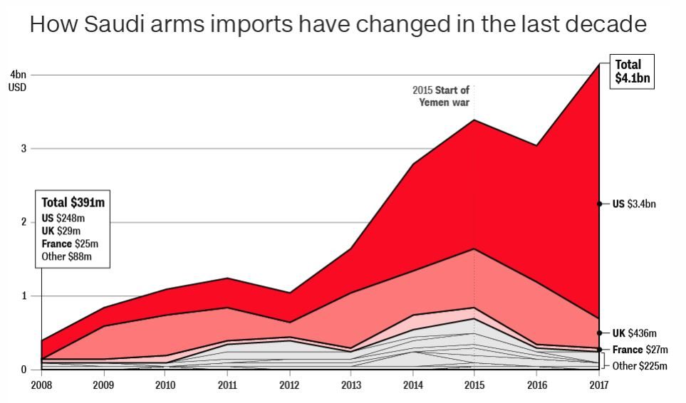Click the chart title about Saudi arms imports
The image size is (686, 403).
(x=338, y=25)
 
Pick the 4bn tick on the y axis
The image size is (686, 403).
(x=18, y=75)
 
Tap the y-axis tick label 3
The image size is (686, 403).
(x=24, y=149)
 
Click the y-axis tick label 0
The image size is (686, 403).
(x=24, y=370)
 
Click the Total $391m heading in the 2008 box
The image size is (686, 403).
(x=73, y=203)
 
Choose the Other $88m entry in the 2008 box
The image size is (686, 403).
(x=67, y=256)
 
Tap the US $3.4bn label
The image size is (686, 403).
(x=634, y=204)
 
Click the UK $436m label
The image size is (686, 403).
(x=634, y=333)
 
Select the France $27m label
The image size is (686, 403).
(x=639, y=350)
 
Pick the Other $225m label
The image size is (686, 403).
(x=640, y=366)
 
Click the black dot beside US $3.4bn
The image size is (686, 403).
(x=599, y=204)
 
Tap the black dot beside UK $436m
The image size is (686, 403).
(x=599, y=333)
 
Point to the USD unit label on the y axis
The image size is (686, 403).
(x=18, y=87)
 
